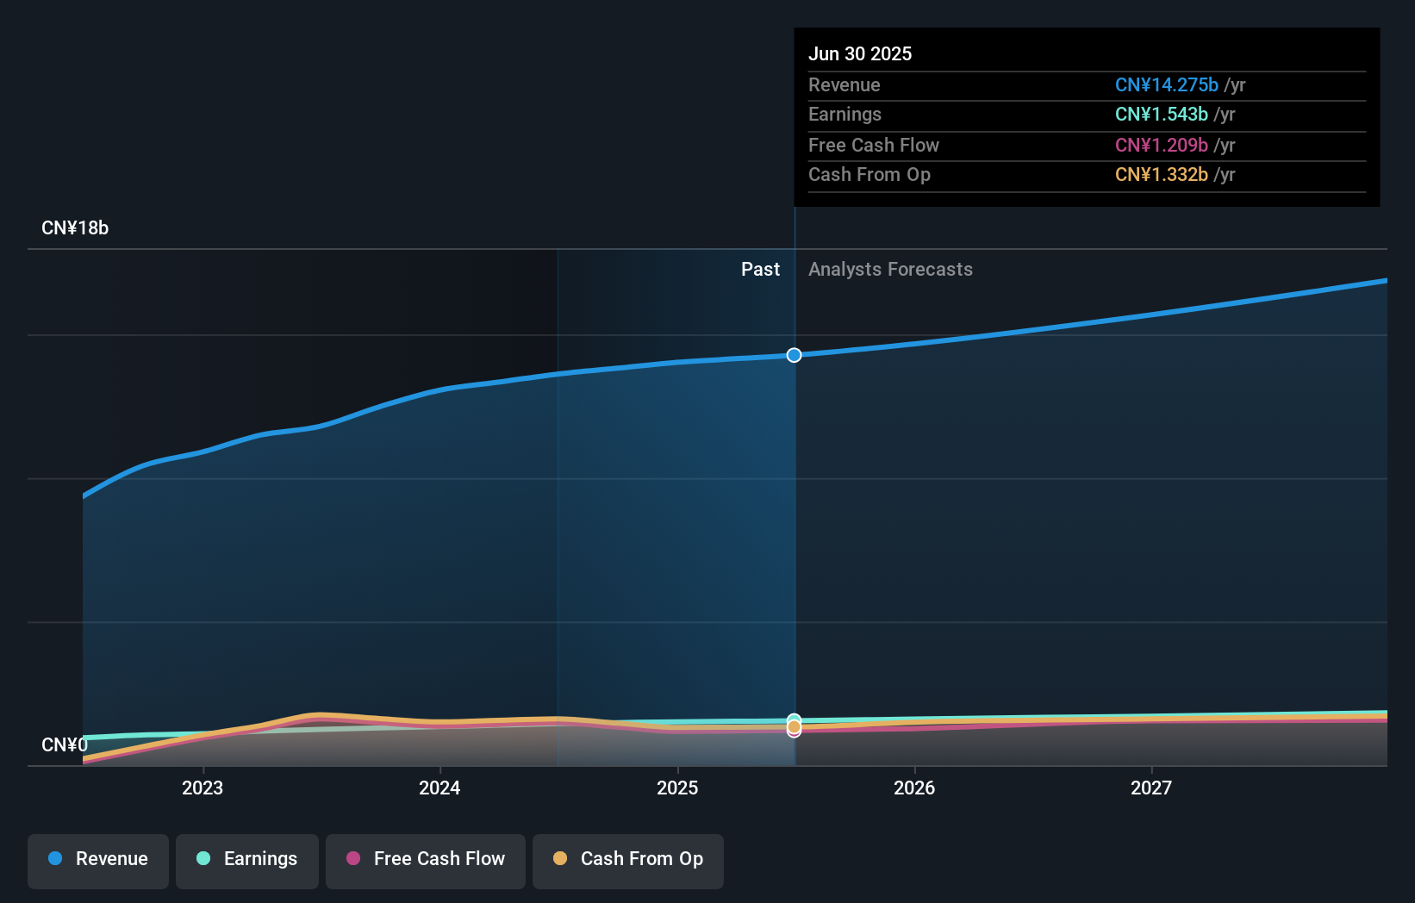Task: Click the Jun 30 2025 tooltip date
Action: [x=859, y=53]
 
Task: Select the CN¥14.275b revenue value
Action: [x=1166, y=84]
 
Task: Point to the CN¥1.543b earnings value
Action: [x=1161, y=115]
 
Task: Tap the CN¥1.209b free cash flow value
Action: [x=1161, y=145]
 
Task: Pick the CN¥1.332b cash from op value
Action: [x=1161, y=175]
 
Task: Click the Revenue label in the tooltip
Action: [x=844, y=84]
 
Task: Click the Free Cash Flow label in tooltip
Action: [x=873, y=145]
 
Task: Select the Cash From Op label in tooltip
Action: [x=869, y=175]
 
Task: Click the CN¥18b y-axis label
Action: [x=75, y=228]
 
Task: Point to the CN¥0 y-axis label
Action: [x=65, y=744]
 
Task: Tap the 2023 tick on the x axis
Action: [x=203, y=788]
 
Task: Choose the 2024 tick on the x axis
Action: [x=439, y=788]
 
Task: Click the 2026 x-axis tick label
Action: [x=914, y=788]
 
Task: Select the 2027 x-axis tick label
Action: [x=1151, y=788]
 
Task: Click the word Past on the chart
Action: [x=760, y=270]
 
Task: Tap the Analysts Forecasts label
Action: [x=890, y=270]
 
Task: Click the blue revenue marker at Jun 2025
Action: [x=794, y=355]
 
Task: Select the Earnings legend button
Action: [x=246, y=859]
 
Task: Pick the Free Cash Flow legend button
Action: [x=425, y=859]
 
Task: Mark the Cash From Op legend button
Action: [x=627, y=859]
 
